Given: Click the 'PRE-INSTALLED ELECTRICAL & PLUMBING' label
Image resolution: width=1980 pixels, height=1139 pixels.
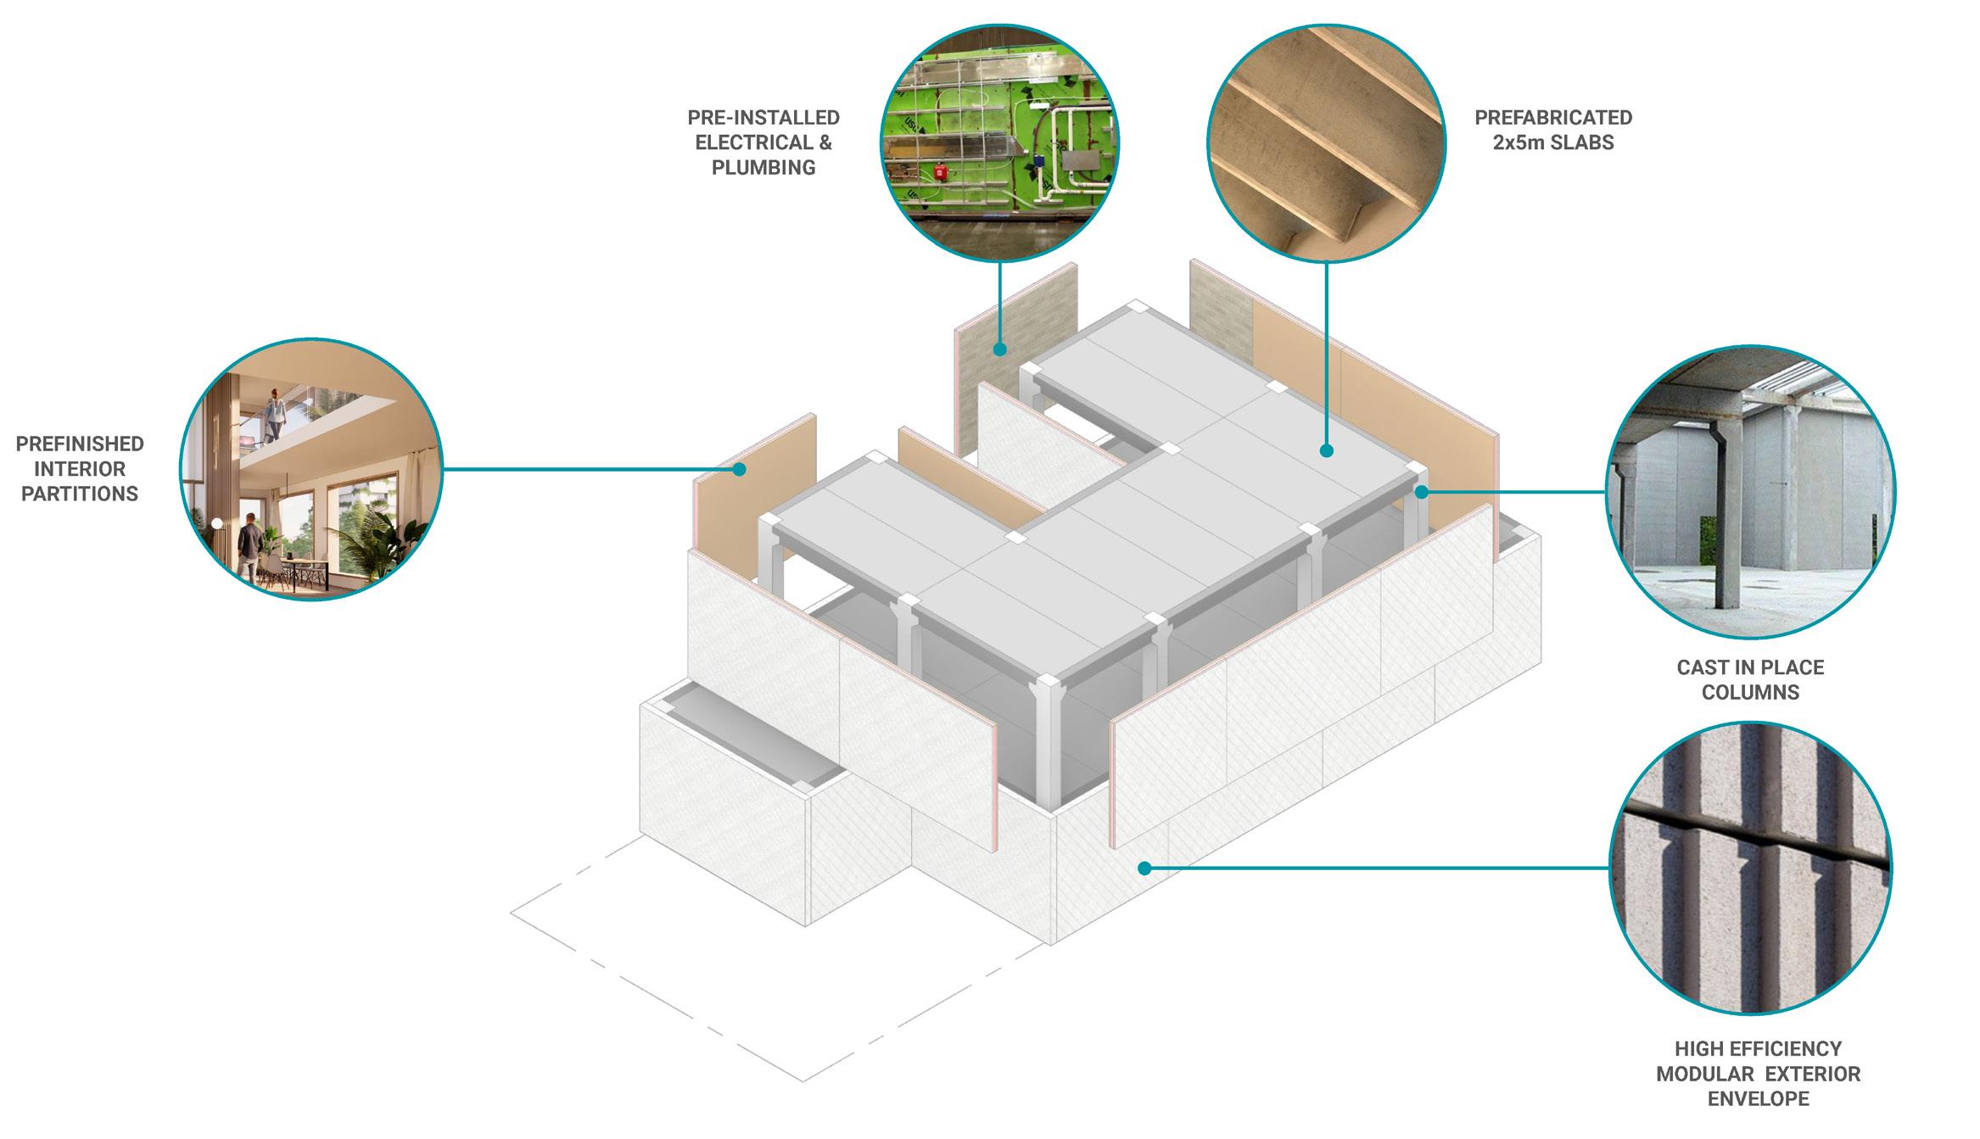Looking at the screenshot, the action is click(763, 142).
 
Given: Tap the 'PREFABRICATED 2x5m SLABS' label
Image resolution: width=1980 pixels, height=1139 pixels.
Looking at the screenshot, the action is click(1553, 130).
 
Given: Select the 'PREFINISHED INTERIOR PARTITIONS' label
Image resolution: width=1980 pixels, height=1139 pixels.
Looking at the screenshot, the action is click(80, 469).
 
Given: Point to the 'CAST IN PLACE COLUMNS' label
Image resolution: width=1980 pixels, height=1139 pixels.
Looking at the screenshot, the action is click(1750, 679).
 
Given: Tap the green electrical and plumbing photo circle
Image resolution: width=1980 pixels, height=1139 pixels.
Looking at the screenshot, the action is click(999, 142).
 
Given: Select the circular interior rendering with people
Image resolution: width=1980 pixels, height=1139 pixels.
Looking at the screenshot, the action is click(310, 469).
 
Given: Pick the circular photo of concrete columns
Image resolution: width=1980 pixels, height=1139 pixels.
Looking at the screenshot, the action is click(1750, 492).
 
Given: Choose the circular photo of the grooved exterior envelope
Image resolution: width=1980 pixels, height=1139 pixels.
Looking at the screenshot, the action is click(1750, 868).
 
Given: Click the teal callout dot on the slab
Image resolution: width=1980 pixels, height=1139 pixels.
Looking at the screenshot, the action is click(1327, 451).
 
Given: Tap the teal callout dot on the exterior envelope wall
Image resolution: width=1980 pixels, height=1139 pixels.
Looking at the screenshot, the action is click(1144, 868).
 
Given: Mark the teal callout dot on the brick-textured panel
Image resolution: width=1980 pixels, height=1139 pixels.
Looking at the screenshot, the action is click(1000, 349).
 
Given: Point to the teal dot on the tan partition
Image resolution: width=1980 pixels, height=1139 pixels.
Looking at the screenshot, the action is click(740, 469).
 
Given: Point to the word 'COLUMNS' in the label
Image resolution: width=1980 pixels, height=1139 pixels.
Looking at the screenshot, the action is click(1750, 692).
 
